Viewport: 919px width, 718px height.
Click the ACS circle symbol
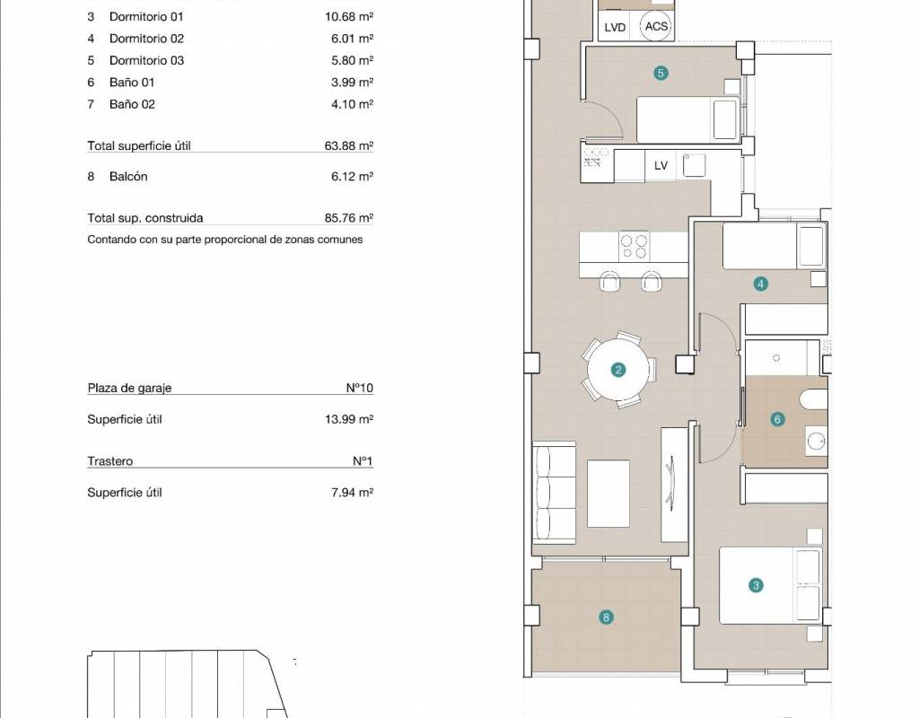click(x=655, y=26)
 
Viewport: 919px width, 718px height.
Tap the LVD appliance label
click(x=615, y=28)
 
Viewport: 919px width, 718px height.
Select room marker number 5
click(x=661, y=74)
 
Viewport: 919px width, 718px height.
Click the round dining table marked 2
click(x=617, y=370)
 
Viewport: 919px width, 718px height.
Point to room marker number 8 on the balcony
click(x=606, y=617)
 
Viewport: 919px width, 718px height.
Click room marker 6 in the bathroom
click(x=777, y=419)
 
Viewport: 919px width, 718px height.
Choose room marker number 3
click(x=756, y=585)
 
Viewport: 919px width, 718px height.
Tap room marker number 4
click(x=760, y=285)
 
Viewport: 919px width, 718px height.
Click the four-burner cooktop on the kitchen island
click(x=634, y=246)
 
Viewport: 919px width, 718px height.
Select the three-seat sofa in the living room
click(x=554, y=493)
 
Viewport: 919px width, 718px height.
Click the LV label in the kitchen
click(x=661, y=166)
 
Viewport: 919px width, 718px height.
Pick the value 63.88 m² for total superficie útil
click(x=349, y=145)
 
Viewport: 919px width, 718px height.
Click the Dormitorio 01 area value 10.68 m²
click(x=349, y=16)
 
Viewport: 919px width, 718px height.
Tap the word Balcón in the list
click(x=128, y=177)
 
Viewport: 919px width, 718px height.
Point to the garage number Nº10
click(x=359, y=388)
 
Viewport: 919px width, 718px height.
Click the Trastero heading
click(x=110, y=461)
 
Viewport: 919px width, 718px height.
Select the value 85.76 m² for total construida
click(x=349, y=217)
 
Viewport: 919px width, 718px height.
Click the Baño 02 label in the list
click(x=132, y=104)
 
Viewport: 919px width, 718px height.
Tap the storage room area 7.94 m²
click(x=352, y=493)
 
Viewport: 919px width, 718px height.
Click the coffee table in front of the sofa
click(x=608, y=494)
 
